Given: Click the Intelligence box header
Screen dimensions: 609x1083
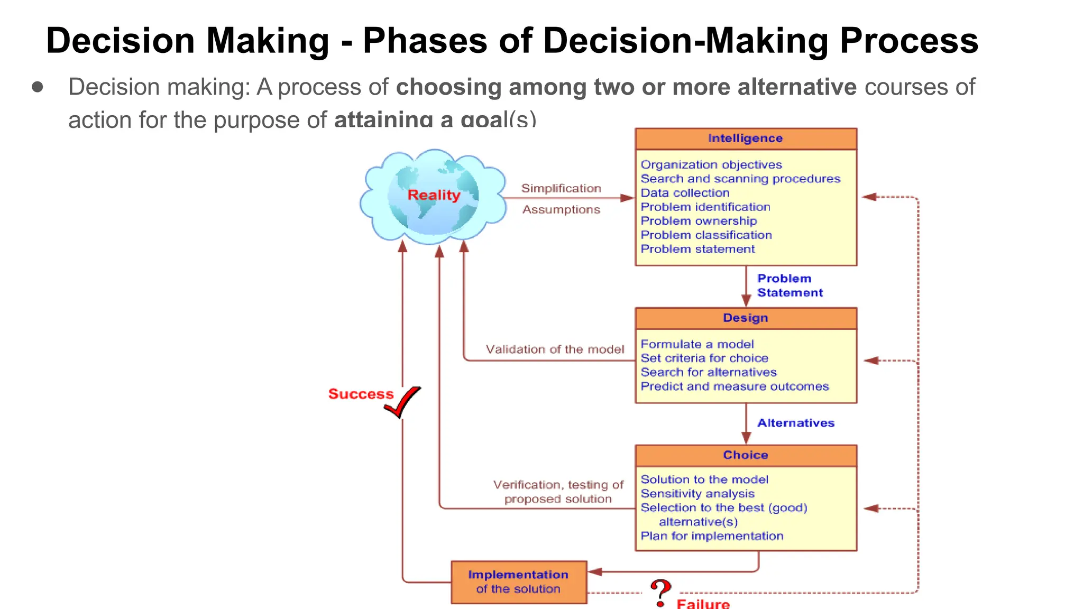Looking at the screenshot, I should point(746,139).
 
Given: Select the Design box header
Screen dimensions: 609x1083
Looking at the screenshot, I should point(746,318).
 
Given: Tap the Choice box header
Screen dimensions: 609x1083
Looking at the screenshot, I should point(746,455).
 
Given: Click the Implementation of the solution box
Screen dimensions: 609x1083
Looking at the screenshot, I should point(518,582).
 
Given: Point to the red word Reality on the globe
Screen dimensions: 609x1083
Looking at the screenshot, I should point(434,195).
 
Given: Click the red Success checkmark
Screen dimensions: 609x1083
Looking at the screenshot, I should point(403,401).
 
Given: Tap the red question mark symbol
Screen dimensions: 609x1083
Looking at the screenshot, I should point(660,592).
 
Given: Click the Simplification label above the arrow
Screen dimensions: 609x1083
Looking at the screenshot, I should point(561,188).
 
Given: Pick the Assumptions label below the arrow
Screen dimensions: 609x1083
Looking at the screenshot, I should point(561,210).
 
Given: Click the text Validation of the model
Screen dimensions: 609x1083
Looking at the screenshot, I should point(555,349).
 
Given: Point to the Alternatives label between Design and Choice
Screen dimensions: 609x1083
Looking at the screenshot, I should point(795,423).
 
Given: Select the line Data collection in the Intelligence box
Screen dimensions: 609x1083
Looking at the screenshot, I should point(685,193).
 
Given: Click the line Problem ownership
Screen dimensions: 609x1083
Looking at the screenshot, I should point(699,221).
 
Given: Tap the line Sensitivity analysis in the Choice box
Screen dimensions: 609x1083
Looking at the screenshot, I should point(697,494).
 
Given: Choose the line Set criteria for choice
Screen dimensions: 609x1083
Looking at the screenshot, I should point(704,358).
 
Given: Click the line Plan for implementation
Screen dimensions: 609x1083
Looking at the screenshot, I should point(712,536).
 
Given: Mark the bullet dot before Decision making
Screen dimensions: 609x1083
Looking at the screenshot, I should point(38,87).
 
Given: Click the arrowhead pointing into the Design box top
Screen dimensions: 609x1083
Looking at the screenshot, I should point(746,301).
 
